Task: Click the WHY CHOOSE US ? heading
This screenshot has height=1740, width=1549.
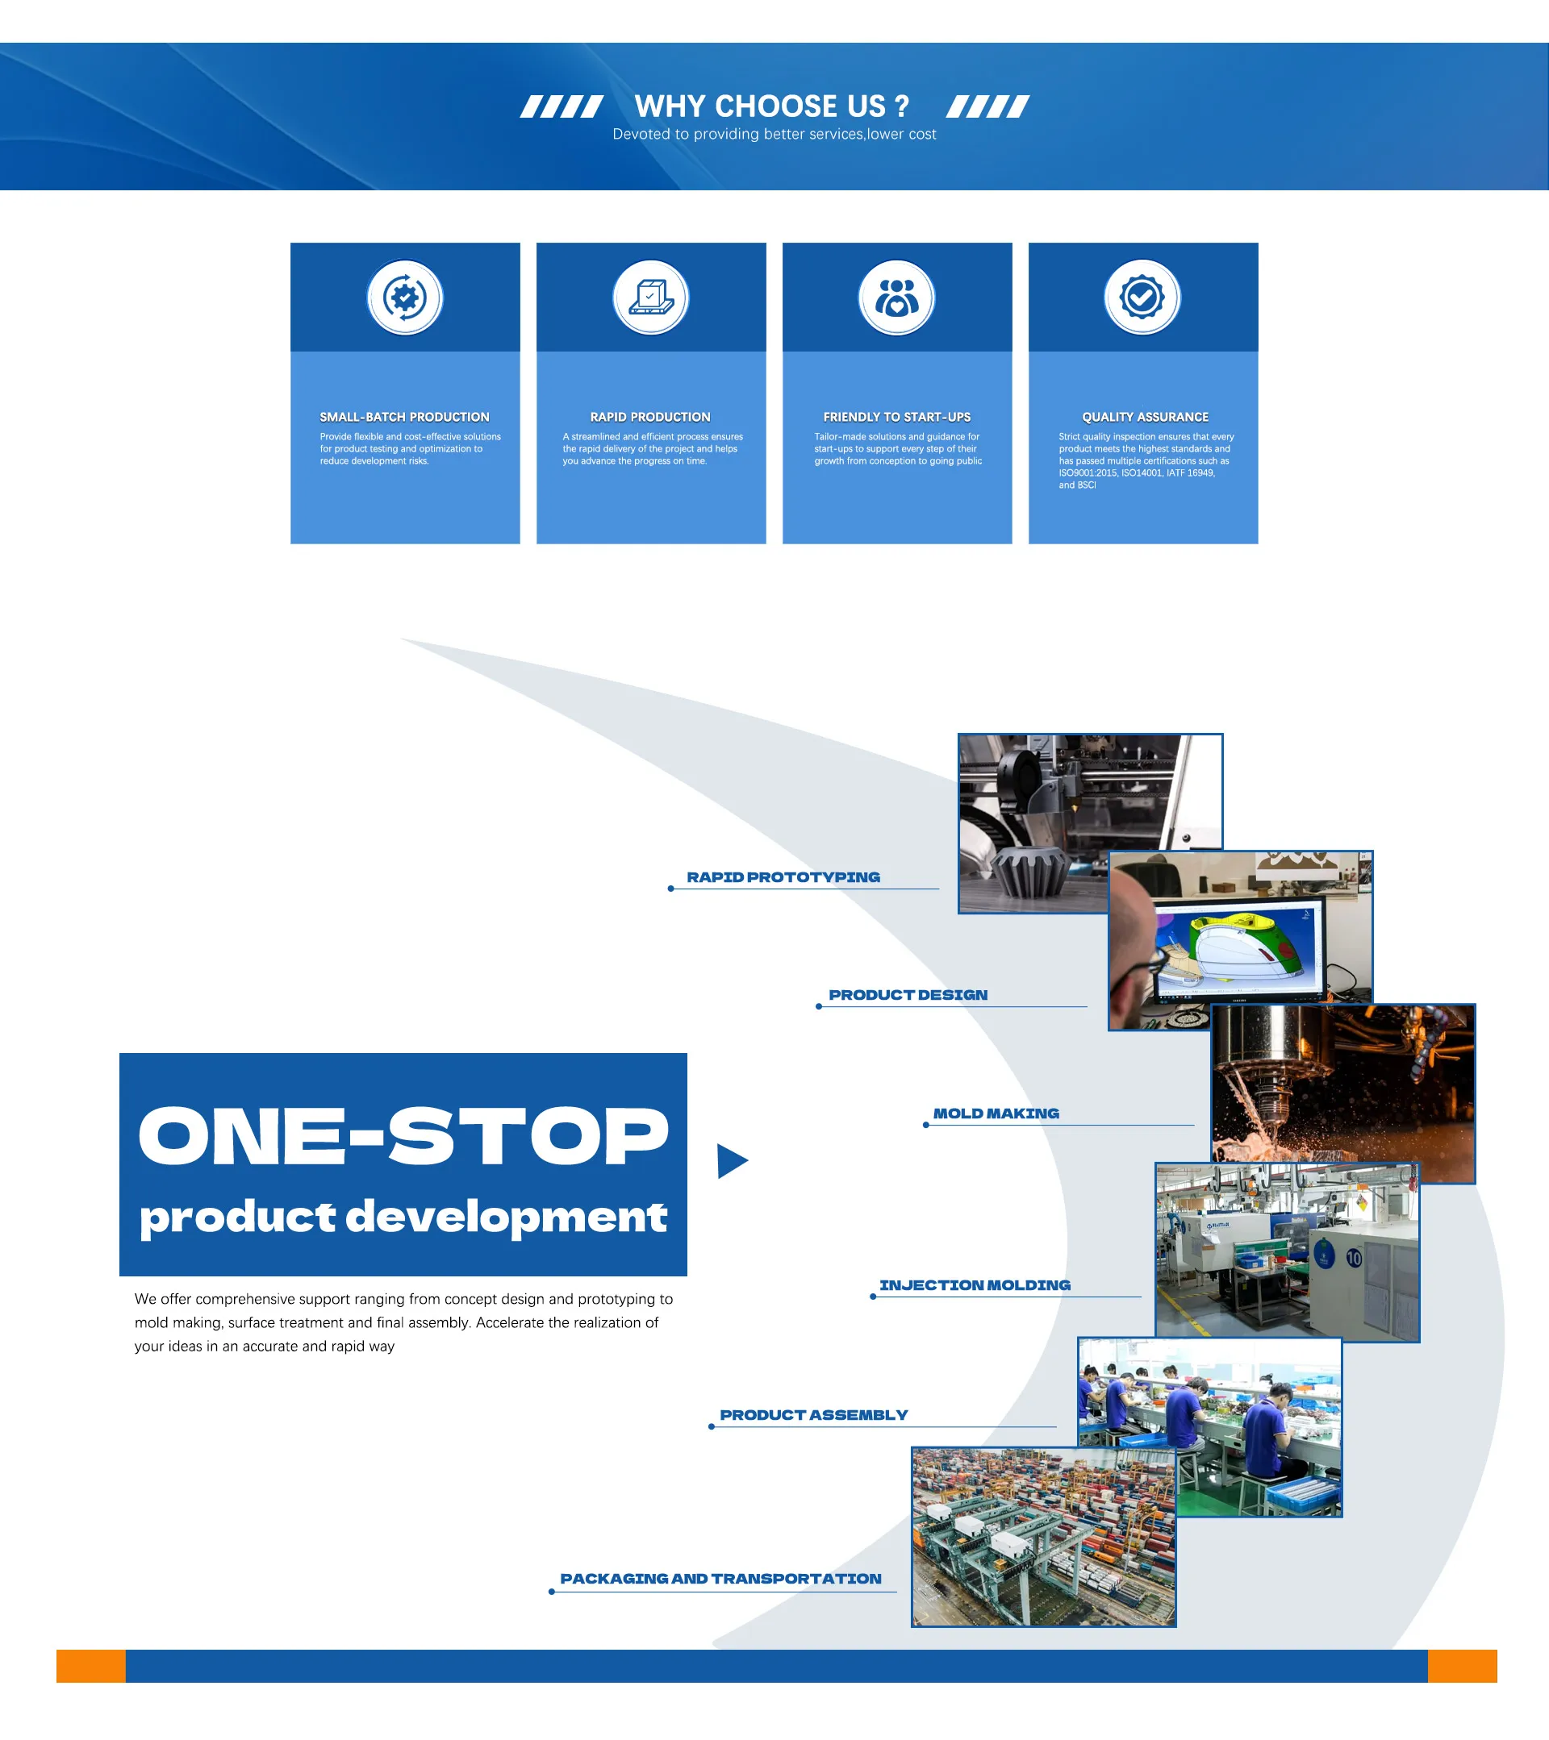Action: (771, 106)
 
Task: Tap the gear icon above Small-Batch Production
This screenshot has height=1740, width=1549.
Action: (404, 297)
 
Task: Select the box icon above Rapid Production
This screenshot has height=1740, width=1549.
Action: (650, 297)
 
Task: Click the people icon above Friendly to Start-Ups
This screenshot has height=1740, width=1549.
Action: (896, 297)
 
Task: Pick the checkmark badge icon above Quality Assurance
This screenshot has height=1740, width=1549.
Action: (1142, 297)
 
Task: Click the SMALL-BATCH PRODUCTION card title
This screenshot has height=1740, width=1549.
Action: (404, 417)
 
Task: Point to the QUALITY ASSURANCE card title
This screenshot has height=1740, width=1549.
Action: (1145, 417)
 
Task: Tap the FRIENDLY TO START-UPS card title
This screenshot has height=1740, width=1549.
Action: (896, 417)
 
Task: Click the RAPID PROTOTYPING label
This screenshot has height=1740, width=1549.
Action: (783, 876)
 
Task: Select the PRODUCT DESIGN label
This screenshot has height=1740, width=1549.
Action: (908, 994)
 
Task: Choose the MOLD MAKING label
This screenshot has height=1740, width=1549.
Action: (996, 1113)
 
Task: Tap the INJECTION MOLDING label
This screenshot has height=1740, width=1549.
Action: (975, 1284)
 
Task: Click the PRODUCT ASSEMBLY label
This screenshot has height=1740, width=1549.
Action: (813, 1415)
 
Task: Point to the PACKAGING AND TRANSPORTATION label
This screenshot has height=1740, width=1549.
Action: (720, 1578)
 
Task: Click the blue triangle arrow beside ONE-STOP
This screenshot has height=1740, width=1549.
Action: (731, 1160)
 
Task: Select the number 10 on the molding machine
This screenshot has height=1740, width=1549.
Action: (1354, 1257)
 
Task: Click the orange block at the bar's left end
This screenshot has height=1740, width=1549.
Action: (91, 1666)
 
